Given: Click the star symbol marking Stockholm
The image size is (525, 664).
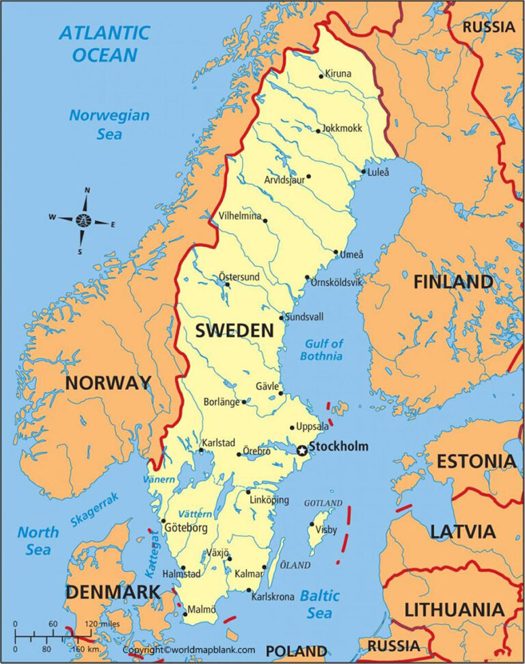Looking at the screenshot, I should coord(301,450).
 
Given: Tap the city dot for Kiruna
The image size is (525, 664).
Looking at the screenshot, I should coord(321,76).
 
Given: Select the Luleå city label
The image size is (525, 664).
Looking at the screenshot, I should coord(378,172).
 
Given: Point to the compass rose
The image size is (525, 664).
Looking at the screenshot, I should coord(83,220).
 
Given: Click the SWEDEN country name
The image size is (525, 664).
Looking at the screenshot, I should coord(234,332).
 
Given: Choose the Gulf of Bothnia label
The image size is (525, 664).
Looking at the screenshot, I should coord(323,349).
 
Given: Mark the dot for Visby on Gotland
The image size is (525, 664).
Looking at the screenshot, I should coord(312,524).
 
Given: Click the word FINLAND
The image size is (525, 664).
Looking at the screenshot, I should coord(453,282).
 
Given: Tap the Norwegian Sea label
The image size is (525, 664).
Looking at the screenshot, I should coord(109,124).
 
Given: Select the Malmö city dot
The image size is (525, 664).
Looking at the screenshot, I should coord(185,614).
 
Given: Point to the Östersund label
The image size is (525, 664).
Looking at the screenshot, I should coord(239,277).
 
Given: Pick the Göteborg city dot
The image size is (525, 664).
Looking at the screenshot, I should coord(163,521).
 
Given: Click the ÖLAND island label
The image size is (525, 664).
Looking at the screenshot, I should coord(295,566).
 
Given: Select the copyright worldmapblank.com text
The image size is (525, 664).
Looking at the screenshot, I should coord(189,650).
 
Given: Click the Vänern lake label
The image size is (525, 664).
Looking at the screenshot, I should coord(159,480).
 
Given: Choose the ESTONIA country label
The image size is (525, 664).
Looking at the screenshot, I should coord(476,462).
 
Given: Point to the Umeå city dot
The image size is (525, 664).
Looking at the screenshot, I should coord(336,252).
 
